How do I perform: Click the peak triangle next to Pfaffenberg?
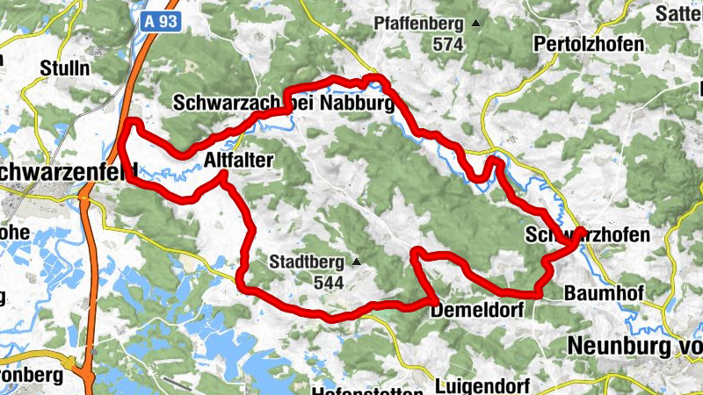click(476, 23)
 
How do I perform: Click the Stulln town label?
click(64, 68)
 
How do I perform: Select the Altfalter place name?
click(239, 159)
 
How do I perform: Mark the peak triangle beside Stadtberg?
click(357, 262)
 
